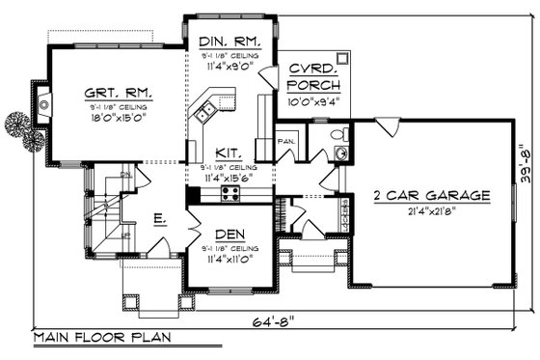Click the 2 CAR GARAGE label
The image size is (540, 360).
click(x=432, y=195)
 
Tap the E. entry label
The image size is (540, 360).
click(x=156, y=220)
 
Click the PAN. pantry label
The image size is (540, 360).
click(x=285, y=139)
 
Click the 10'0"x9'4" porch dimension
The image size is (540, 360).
click(x=313, y=100)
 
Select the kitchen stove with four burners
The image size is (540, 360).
click(x=231, y=193)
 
